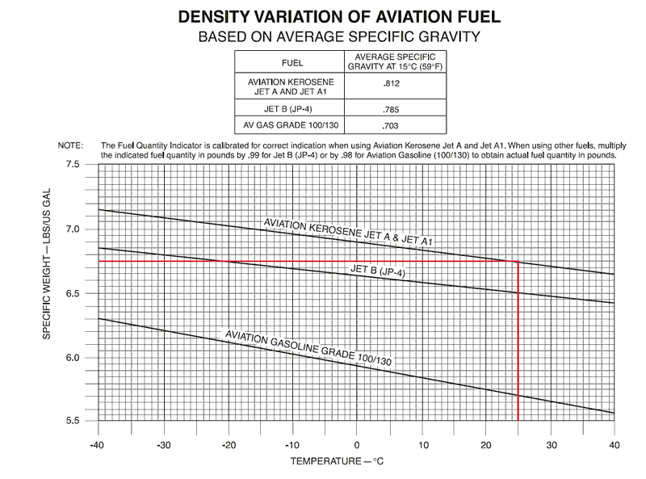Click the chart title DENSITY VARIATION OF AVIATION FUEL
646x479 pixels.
click(x=323, y=16)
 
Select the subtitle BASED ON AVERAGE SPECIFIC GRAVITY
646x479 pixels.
click(x=323, y=36)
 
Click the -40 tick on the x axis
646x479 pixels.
click(x=98, y=444)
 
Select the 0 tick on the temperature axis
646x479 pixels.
click(x=356, y=444)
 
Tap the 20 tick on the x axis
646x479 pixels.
click(x=485, y=444)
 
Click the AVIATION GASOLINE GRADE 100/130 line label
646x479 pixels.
click(x=308, y=349)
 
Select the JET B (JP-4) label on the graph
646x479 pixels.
click(x=377, y=271)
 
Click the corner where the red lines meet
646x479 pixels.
click(x=518, y=261)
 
